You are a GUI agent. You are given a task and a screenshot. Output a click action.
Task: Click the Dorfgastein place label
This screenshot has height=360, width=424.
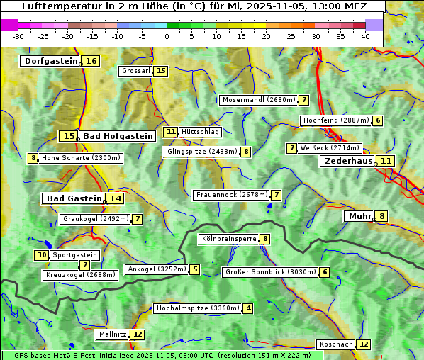tap(50, 61)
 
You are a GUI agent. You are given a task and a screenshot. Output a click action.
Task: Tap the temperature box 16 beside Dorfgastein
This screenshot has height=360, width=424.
tap(91, 61)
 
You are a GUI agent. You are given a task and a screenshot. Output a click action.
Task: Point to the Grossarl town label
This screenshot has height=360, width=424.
tap(135, 71)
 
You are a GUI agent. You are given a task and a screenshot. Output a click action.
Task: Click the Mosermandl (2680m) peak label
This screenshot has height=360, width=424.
tap(258, 100)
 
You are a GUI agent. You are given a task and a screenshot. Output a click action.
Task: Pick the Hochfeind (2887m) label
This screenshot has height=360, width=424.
tap(335, 120)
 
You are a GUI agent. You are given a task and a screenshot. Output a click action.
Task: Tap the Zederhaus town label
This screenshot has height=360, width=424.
tap(347, 161)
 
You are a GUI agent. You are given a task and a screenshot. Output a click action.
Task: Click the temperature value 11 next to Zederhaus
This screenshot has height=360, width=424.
tap(386, 161)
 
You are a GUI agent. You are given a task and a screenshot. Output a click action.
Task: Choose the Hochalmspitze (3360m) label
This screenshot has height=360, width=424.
tap(196, 308)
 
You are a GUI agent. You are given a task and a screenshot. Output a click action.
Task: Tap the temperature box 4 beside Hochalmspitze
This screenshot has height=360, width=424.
tap(248, 308)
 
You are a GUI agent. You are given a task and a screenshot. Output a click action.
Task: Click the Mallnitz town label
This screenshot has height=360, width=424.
tap(112, 334)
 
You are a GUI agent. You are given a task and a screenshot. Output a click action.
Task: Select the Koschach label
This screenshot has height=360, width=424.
tap(335, 344)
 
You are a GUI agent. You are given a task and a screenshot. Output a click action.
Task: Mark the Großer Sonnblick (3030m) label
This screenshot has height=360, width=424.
tap(270, 271)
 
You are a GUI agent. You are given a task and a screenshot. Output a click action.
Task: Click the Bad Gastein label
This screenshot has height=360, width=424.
tap(74, 198)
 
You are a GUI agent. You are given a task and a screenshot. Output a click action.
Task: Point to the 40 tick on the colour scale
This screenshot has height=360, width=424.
tap(365, 36)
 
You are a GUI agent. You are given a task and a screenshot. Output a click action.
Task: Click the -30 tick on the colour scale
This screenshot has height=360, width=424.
tap(18, 36)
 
